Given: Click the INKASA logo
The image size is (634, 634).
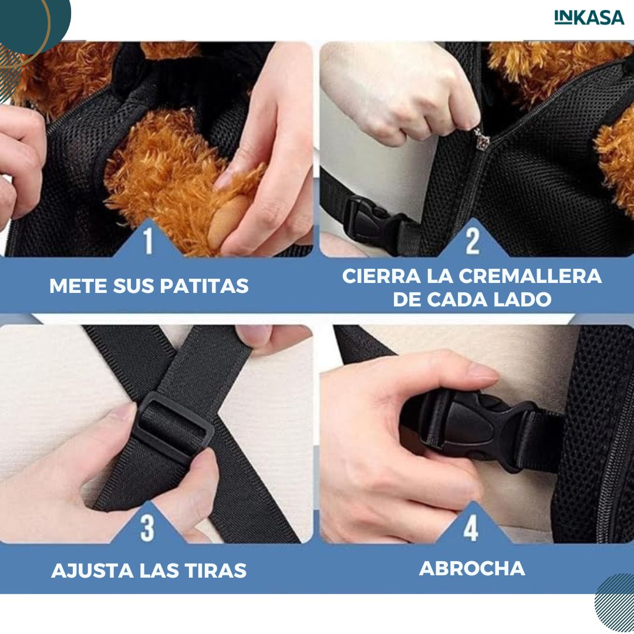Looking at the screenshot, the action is coord(589,18).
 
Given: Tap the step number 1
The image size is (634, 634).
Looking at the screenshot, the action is coord(148,241).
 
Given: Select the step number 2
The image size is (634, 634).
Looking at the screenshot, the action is coord(472,241).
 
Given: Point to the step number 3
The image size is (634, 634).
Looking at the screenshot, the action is coord(147,528).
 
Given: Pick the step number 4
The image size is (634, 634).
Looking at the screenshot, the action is coord(471,528).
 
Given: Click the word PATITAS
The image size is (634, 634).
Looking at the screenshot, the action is coord(204,286).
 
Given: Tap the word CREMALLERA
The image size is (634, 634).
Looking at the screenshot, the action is coord(530,276).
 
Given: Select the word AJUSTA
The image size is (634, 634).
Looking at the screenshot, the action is coord(93,571).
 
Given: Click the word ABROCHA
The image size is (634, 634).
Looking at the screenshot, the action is coord(472,568).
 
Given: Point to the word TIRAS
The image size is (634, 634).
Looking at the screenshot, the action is coord(215,571).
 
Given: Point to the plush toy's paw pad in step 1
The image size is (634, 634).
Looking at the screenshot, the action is coord(227,222).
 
